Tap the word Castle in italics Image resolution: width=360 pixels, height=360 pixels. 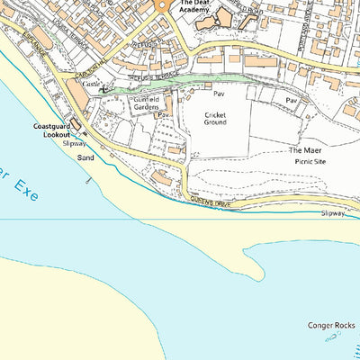point(91,83)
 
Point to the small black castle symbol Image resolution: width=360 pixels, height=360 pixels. point(104,88)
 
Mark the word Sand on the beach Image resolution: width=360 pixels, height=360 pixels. point(85,157)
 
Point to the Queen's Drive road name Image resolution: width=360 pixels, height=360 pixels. point(211,202)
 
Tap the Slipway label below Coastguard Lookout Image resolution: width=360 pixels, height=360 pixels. point(75,143)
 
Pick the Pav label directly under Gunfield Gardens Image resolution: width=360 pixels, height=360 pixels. point(163,115)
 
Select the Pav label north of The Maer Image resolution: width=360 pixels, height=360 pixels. point(291,101)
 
